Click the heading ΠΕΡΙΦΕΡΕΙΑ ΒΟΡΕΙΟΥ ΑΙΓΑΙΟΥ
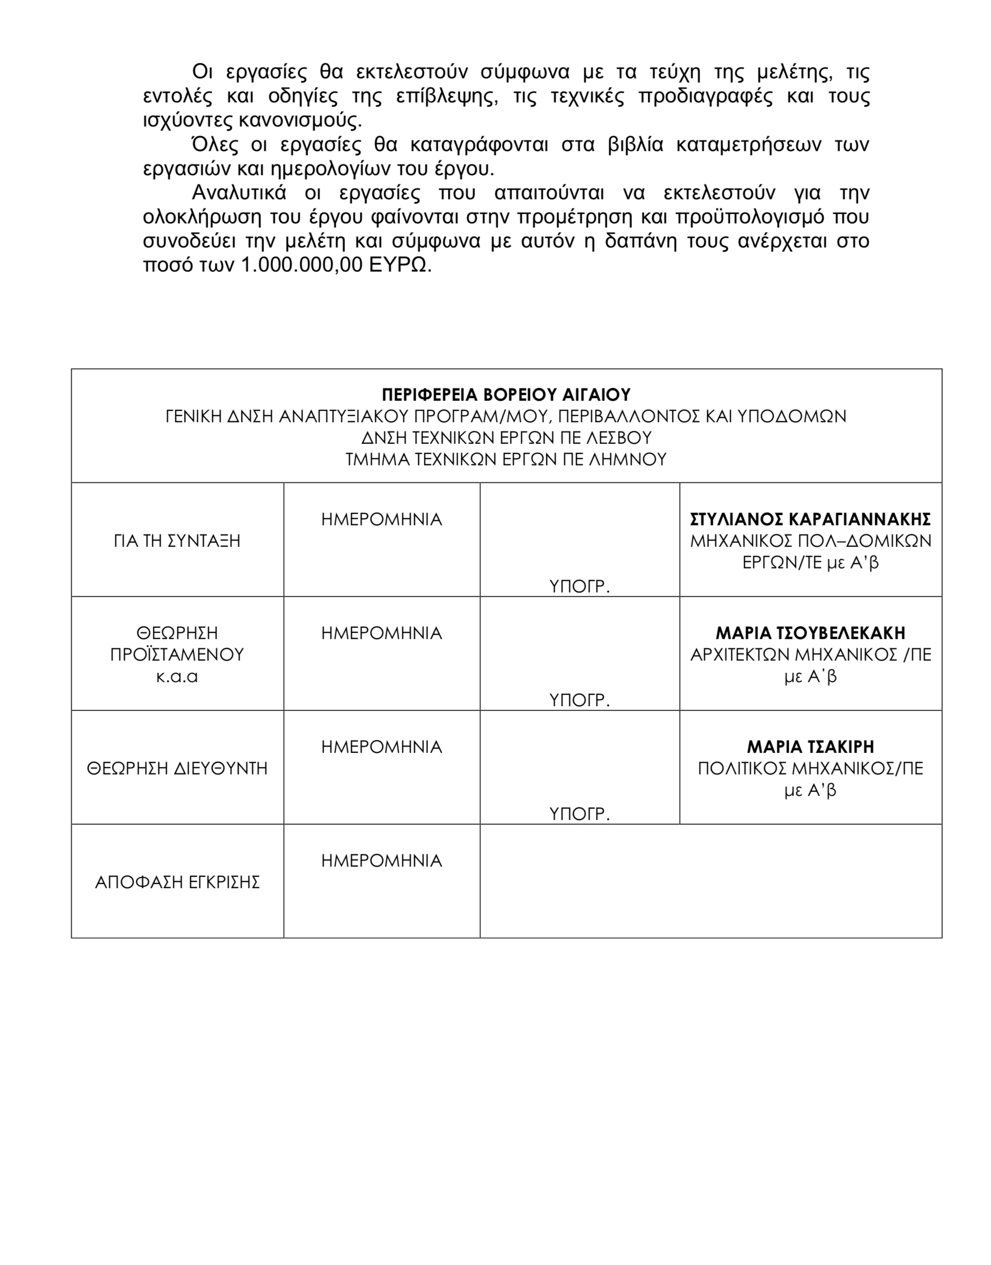[x=506, y=395]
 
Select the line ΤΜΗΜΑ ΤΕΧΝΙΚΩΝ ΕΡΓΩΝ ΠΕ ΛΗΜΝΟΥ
[x=506, y=460]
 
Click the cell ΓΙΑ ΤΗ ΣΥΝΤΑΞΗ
[x=177, y=541]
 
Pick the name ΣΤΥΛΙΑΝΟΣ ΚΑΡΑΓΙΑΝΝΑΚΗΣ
[x=810, y=519]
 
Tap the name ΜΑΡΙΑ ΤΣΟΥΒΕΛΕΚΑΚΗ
[x=810, y=632]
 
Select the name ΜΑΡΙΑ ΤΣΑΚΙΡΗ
[x=810, y=746]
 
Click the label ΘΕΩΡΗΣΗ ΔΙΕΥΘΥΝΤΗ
[x=177, y=769]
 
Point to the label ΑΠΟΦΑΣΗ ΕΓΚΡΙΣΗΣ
[x=177, y=883]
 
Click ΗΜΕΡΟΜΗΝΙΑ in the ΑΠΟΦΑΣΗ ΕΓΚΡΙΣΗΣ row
[x=382, y=861]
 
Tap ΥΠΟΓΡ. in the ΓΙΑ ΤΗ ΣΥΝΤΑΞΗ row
[x=579, y=587]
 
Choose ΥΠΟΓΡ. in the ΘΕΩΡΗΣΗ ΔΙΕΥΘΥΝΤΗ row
[x=579, y=814]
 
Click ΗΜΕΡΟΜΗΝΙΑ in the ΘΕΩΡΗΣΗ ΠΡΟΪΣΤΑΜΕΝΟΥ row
[x=382, y=633]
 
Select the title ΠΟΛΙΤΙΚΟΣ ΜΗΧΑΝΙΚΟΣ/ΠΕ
[x=810, y=769]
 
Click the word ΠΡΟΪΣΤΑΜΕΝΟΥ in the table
[x=177, y=655]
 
